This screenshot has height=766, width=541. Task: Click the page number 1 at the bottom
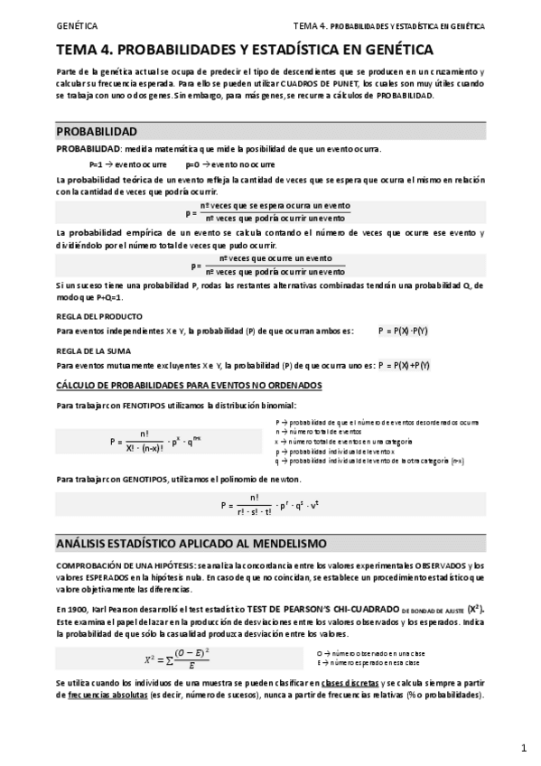524,748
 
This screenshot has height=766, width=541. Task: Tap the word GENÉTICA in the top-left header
77,26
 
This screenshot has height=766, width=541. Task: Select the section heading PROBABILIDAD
97,131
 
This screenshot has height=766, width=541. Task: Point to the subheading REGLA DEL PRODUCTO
98,316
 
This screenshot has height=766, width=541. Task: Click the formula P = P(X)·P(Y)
404,331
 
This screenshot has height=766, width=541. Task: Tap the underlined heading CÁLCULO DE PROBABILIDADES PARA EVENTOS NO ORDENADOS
188,385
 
